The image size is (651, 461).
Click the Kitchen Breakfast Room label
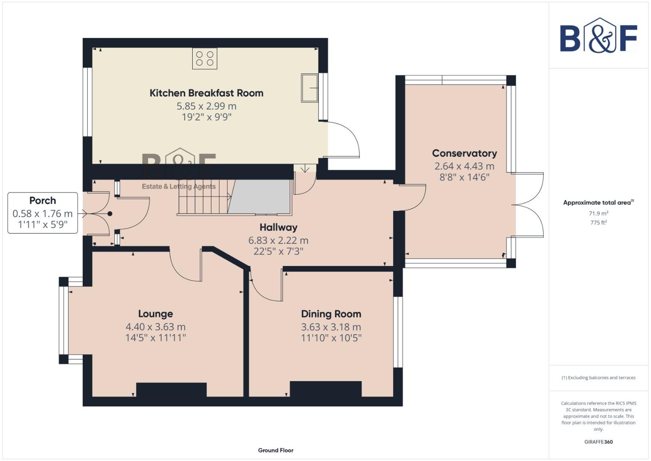pyautogui.click(x=206, y=93)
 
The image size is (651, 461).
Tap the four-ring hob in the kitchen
pyautogui.click(x=205, y=58)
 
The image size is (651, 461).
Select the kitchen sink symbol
pyautogui.click(x=310, y=88)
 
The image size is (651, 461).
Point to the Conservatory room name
pyautogui.click(x=464, y=153)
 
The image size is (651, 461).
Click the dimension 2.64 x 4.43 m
pyautogui.click(x=464, y=166)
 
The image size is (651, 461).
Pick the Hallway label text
pyautogui.click(x=278, y=228)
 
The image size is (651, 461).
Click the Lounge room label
pyautogui.click(x=155, y=314)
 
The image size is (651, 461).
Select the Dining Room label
pyautogui.click(x=331, y=314)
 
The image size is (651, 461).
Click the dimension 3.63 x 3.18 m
pyautogui.click(x=331, y=327)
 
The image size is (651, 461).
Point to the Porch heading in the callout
pyautogui.click(x=43, y=201)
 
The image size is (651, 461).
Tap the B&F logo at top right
pyautogui.click(x=598, y=36)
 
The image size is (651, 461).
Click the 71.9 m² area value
pyautogui.click(x=598, y=213)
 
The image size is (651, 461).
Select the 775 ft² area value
pyautogui.click(x=598, y=222)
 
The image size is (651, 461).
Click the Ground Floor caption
pyautogui.click(x=275, y=450)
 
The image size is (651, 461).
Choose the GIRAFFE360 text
pyautogui.click(x=598, y=442)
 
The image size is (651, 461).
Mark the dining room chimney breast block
pyautogui.click(x=326, y=389)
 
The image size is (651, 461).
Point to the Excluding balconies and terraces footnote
pyautogui.click(x=598, y=378)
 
